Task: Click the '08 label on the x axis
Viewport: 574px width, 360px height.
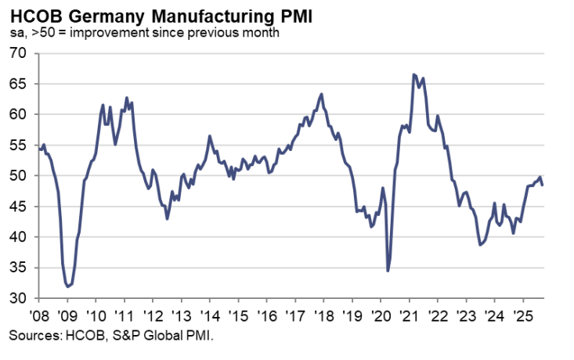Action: (39, 318)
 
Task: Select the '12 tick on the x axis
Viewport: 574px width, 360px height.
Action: (153, 318)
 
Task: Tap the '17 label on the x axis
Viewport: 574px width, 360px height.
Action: (294, 318)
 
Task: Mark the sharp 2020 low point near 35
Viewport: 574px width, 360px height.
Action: (388, 271)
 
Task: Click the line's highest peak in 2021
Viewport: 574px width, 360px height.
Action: (413, 74)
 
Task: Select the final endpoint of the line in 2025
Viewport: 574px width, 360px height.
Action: (543, 185)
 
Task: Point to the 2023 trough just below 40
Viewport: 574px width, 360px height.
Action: (480, 245)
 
